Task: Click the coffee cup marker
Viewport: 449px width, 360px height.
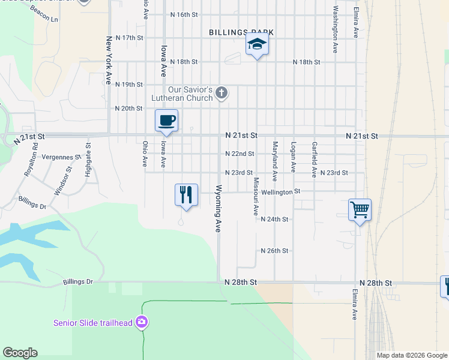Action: click(167, 121)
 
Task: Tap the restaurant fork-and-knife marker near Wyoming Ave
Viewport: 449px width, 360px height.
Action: click(186, 194)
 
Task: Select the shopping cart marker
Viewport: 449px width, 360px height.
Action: click(360, 210)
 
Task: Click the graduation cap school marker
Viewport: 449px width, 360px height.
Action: click(257, 44)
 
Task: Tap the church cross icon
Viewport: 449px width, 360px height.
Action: click(221, 92)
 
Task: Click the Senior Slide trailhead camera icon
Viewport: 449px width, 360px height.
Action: click(142, 322)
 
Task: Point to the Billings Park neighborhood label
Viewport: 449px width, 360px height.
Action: click(241, 32)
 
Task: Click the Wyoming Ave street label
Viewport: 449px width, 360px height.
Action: click(218, 209)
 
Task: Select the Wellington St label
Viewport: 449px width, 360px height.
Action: click(281, 192)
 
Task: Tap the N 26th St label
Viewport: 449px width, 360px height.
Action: click(275, 251)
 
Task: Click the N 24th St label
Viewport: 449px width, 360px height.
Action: click(275, 220)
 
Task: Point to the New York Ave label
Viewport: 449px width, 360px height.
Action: click(109, 59)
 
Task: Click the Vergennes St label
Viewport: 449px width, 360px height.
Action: click(62, 157)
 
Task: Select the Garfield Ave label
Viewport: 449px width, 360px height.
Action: click(313, 160)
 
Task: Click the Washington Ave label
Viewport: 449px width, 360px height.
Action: click(335, 30)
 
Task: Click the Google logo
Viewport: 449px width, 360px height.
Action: click(20, 353)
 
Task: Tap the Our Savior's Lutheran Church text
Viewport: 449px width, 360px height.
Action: click(190, 94)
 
